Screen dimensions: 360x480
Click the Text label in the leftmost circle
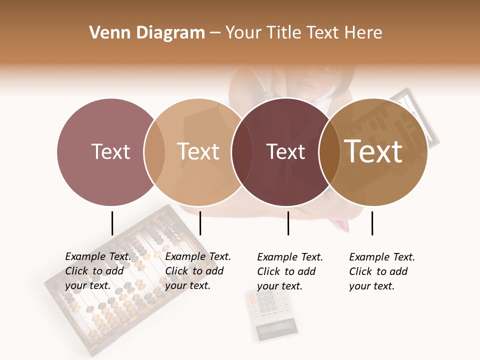click(x=110, y=151)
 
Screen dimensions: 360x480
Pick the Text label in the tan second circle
click(x=198, y=151)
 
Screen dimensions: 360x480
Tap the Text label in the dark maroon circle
click(x=285, y=152)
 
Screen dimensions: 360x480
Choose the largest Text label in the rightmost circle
click(x=373, y=151)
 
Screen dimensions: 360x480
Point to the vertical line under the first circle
click(x=112, y=223)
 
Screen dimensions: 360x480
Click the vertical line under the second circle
click(x=200, y=223)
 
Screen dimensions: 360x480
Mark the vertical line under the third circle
click(x=288, y=223)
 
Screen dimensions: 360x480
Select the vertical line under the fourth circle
click(x=372, y=223)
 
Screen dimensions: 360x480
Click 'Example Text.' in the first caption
click(x=98, y=256)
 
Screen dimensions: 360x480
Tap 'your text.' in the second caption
click(x=187, y=285)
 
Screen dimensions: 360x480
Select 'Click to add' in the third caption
click(x=286, y=271)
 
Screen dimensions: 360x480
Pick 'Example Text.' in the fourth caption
click(x=382, y=257)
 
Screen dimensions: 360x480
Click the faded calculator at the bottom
click(x=272, y=315)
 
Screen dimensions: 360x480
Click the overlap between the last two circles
click(x=328, y=152)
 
